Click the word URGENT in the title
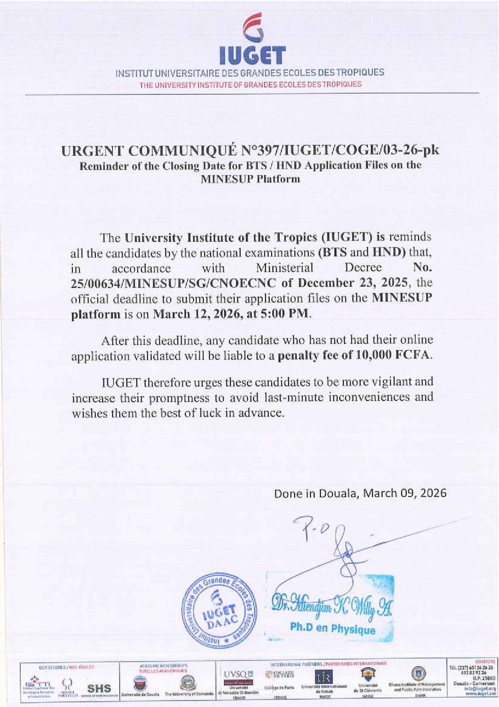click(92, 151)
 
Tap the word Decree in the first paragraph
click(363, 268)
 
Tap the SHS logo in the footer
click(99, 688)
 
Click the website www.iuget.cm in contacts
click(480, 694)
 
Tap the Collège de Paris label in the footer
click(279, 688)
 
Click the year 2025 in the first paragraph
click(394, 283)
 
